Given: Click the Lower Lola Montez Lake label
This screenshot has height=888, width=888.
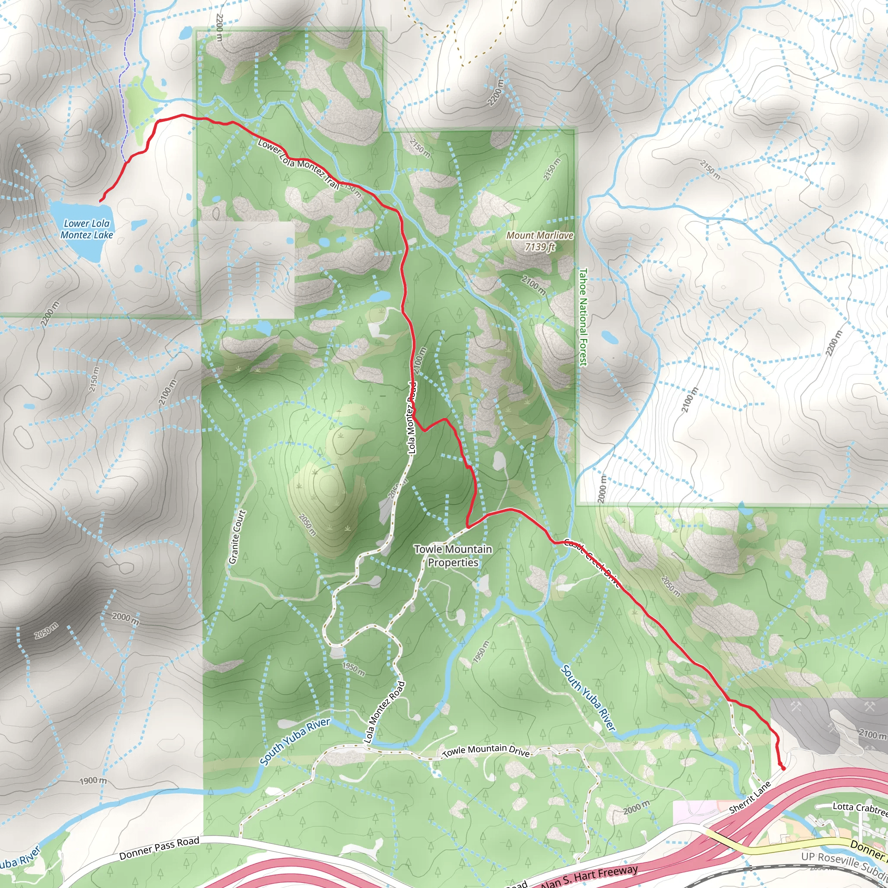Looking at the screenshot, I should (x=86, y=229).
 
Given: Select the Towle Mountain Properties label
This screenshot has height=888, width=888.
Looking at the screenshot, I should (x=453, y=556).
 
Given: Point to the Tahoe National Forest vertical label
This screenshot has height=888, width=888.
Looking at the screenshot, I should (x=583, y=317).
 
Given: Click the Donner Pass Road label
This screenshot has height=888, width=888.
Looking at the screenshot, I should (x=159, y=848).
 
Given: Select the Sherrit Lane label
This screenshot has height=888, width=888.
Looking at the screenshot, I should (x=750, y=797).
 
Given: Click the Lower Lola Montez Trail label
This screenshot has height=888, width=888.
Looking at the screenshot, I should (x=299, y=163).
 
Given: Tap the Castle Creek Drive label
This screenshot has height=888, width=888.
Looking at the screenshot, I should (x=592, y=563).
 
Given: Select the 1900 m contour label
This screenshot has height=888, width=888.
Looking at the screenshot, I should (x=93, y=780).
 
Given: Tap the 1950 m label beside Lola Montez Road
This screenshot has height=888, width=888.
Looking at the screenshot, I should (x=353, y=669).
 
